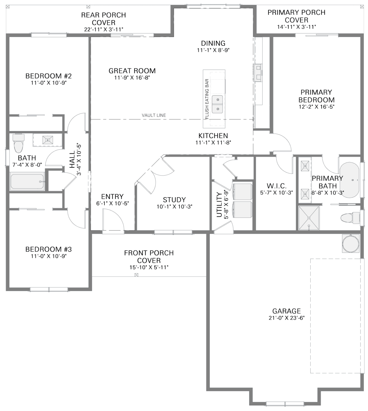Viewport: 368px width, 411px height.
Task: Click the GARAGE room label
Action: click(286, 311)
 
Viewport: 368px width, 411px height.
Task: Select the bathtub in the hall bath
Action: click(27, 181)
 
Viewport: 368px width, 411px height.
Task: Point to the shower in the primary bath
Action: click(309, 218)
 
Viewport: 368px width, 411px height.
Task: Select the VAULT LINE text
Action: click(154, 115)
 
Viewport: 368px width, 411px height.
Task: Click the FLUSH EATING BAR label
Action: click(207, 99)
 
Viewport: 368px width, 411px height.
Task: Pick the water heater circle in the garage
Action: click(350, 243)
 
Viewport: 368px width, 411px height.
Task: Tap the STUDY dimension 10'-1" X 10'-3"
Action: click(174, 207)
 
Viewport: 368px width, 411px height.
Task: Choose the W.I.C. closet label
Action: click(276, 186)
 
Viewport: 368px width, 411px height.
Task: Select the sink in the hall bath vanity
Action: click(48, 140)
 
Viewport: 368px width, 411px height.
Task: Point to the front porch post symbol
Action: click(136, 275)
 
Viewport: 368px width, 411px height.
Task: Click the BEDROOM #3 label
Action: click(48, 249)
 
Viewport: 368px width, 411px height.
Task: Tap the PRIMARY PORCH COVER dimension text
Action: click(296, 27)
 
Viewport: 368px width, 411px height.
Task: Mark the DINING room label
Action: click(213, 43)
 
